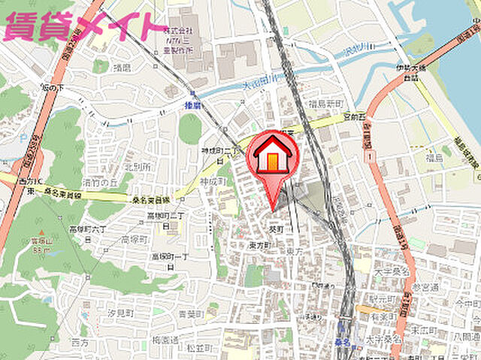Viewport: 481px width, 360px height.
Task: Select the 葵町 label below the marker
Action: (277, 228)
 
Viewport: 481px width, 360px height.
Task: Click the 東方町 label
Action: (259, 244)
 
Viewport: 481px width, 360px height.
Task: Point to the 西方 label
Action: (79, 342)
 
